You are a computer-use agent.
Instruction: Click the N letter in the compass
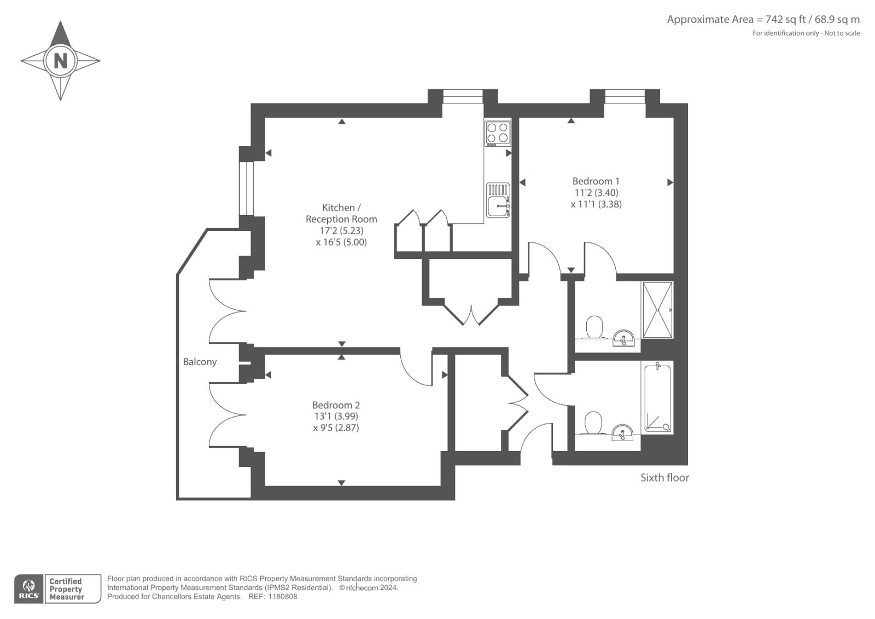click(60, 60)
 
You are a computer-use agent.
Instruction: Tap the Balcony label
click(200, 362)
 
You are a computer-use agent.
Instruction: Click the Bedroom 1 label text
click(596, 181)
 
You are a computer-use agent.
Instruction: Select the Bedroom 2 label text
click(336, 405)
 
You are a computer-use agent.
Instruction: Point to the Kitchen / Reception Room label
click(341, 213)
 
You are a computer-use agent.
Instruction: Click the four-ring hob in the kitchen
click(498, 133)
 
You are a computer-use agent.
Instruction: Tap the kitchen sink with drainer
click(498, 200)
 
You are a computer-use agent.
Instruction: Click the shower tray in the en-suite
click(657, 310)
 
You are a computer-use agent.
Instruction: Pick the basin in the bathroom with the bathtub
click(622, 433)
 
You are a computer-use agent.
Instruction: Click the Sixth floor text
click(664, 478)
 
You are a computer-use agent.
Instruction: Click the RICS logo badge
click(28, 589)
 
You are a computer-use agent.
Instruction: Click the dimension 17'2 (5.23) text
click(341, 230)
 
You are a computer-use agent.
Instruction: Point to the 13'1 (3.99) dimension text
click(336, 416)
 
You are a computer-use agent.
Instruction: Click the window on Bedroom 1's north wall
click(625, 96)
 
